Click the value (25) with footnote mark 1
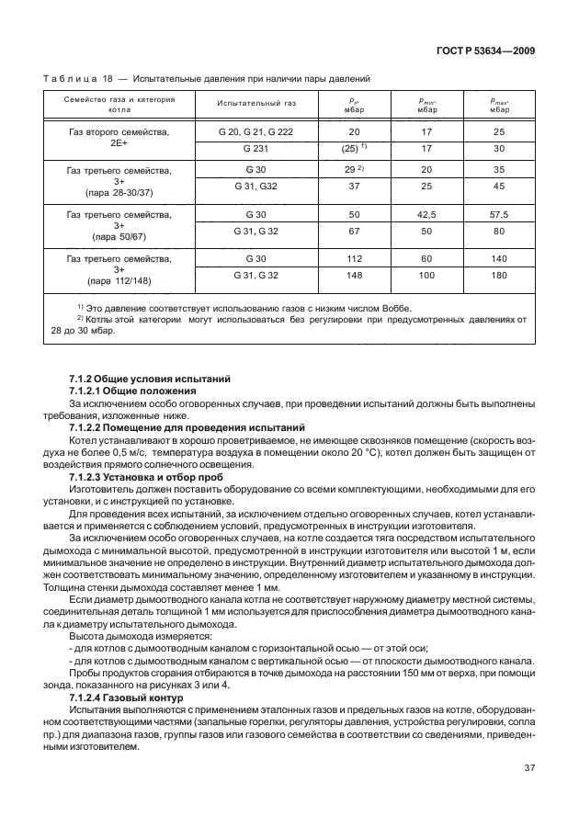point(354,147)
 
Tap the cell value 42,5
point(426,213)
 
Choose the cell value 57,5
point(499,213)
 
